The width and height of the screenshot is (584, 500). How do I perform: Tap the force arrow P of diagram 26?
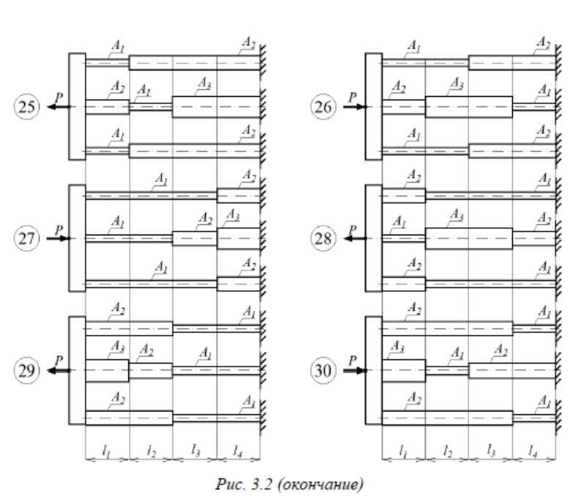point(354,106)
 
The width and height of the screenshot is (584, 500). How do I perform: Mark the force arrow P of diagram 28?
point(354,238)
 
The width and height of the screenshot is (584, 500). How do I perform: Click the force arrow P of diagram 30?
point(354,370)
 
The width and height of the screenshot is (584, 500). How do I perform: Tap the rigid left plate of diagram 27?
point(77,238)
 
